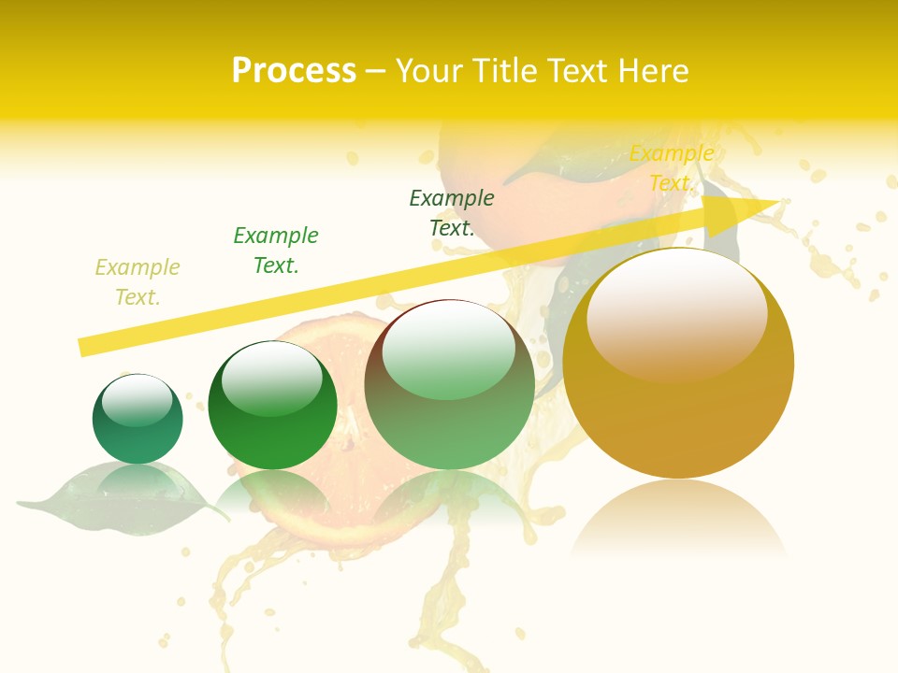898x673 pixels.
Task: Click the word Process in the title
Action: [x=294, y=71]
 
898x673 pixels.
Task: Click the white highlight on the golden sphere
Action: [x=676, y=313]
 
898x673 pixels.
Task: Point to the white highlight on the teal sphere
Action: [x=137, y=399]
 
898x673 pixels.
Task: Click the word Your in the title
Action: [x=429, y=71]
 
